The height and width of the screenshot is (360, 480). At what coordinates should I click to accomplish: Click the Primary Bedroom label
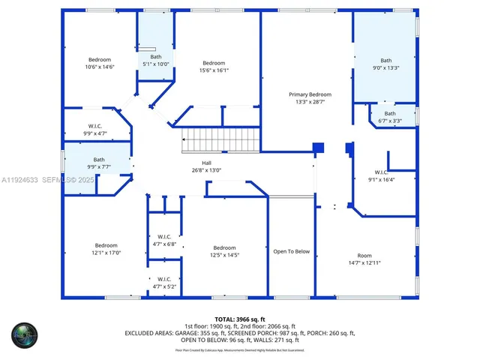click(x=310, y=97)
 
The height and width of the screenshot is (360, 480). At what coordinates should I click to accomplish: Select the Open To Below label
click(x=291, y=251)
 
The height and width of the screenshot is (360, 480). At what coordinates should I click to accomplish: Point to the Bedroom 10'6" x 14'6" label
click(x=100, y=63)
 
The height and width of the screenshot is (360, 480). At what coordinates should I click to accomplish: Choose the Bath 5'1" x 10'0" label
click(x=155, y=60)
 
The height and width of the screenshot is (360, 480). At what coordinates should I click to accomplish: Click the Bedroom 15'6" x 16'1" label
click(x=214, y=66)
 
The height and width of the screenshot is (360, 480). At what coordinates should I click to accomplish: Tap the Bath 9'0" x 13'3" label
click(x=385, y=64)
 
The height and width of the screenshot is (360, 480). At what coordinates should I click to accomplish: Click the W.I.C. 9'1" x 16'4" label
click(x=381, y=175)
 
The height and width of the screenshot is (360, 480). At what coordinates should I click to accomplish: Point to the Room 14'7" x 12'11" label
click(x=364, y=259)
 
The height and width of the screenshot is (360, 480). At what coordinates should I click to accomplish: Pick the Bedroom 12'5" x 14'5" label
click(x=223, y=251)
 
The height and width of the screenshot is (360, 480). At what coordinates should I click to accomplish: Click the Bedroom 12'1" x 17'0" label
click(x=106, y=249)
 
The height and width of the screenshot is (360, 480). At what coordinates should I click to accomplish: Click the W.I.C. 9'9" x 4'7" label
click(x=95, y=129)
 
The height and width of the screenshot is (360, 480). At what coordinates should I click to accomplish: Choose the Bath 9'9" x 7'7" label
click(x=99, y=163)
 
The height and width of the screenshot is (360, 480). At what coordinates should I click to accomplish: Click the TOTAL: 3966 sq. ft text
click(x=239, y=319)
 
